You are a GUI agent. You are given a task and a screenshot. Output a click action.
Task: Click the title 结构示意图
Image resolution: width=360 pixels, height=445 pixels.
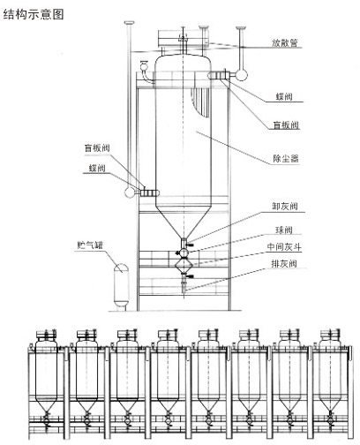point(34,14)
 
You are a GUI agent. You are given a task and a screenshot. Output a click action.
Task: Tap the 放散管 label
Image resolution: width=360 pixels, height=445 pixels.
point(285,43)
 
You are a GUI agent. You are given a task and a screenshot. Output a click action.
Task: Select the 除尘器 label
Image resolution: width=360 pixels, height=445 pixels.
point(286,159)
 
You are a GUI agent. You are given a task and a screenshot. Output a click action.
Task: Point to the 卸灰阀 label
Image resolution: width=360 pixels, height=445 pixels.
point(285,206)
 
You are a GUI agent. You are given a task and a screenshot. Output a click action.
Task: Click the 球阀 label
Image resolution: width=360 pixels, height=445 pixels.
point(284,230)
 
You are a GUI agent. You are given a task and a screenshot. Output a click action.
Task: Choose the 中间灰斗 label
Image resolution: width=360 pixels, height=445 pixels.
point(284,246)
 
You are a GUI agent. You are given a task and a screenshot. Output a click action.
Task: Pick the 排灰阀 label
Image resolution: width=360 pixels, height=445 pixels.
point(284,263)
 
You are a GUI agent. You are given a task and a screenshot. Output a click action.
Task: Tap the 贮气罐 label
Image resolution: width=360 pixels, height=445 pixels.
point(90,245)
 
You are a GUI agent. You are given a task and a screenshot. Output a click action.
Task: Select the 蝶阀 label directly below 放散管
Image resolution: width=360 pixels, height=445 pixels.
point(284,96)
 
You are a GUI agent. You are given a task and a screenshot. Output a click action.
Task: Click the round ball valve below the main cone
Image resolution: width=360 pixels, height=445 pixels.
point(184,253)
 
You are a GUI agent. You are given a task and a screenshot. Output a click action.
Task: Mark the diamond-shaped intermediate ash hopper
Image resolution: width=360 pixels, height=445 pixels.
point(184,265)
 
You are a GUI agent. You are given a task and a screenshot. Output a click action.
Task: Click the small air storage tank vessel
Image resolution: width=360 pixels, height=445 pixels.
point(121,285)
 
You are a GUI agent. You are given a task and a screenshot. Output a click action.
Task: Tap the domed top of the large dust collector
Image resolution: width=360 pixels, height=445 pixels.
point(183,60)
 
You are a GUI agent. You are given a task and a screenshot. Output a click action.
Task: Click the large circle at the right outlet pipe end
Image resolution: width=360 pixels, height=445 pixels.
point(241,74)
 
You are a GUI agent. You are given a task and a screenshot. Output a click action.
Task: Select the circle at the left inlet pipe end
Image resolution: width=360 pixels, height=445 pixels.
point(130,192)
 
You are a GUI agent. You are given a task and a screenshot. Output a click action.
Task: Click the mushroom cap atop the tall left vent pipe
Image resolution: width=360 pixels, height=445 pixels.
point(129,23)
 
